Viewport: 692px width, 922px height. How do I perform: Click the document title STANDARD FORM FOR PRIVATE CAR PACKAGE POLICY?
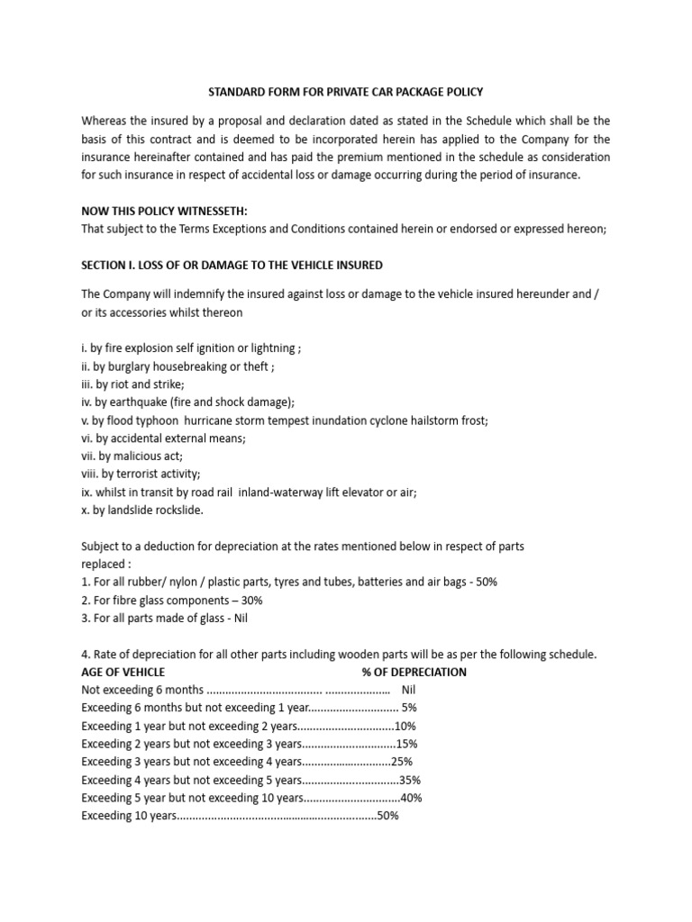(346, 92)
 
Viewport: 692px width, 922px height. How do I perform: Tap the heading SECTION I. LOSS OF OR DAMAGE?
(232, 265)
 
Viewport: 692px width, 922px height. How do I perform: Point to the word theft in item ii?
(255, 366)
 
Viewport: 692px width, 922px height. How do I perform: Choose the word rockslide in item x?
(178, 510)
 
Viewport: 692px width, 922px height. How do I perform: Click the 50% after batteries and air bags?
(485, 582)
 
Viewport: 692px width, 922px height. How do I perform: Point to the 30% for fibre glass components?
(250, 600)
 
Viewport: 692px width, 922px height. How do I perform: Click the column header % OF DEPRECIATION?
(414, 672)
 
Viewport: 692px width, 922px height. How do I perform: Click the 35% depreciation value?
(411, 780)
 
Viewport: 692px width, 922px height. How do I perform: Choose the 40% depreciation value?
(411, 798)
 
